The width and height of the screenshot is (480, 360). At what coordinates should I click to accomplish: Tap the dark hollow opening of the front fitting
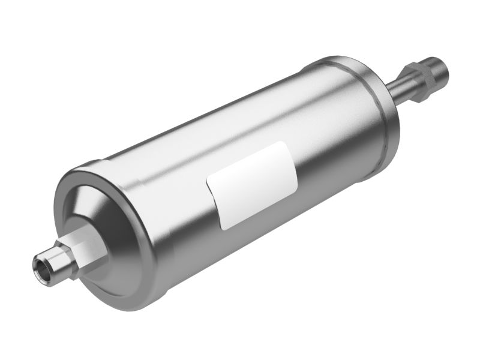[43, 262]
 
